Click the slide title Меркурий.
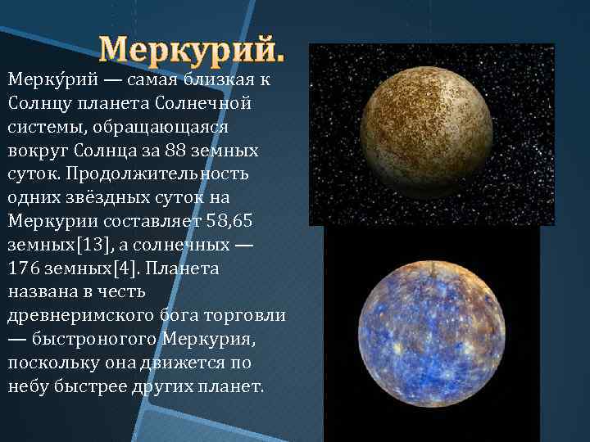point(193,52)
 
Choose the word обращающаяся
point(165,127)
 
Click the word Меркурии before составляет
point(48,221)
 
